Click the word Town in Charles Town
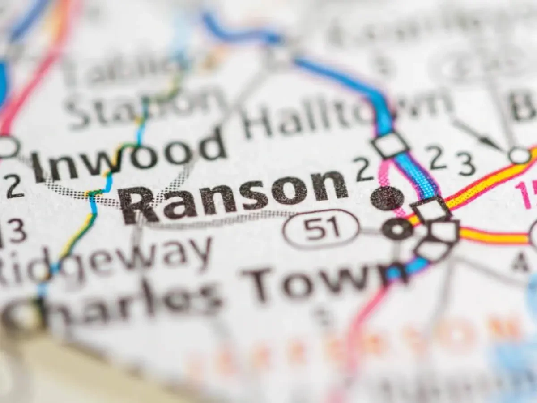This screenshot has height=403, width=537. [x=322, y=280]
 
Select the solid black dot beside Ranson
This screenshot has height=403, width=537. [x=387, y=198]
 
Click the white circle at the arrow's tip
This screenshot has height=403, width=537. [x=519, y=155]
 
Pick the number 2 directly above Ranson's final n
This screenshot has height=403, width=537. [x=365, y=169]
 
